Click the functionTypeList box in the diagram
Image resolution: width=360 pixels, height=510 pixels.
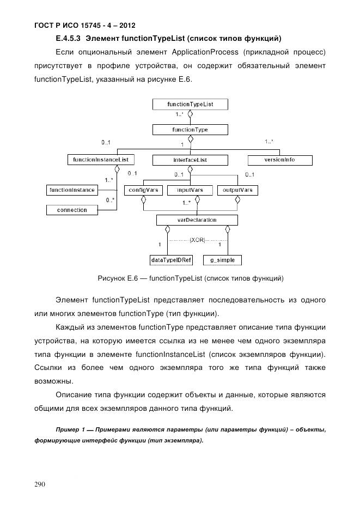click(190, 104)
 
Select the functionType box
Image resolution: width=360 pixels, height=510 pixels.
click(190, 130)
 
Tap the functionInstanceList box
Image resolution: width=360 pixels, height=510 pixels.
click(101, 160)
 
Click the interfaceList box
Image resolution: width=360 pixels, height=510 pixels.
click(190, 160)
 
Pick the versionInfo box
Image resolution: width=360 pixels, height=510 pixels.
click(280, 160)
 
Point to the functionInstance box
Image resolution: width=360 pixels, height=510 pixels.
click(72, 190)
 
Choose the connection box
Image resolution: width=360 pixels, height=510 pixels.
click(72, 210)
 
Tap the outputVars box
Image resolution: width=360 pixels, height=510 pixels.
click(237, 190)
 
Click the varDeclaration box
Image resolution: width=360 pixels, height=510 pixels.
click(197, 220)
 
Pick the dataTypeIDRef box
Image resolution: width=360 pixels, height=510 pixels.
click(167, 260)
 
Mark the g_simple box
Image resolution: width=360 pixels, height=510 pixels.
click(222, 260)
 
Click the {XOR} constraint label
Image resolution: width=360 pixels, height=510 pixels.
click(197, 239)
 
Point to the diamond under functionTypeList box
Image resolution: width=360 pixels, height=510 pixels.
click(190, 114)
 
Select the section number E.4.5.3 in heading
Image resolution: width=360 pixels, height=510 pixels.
click(69, 38)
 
